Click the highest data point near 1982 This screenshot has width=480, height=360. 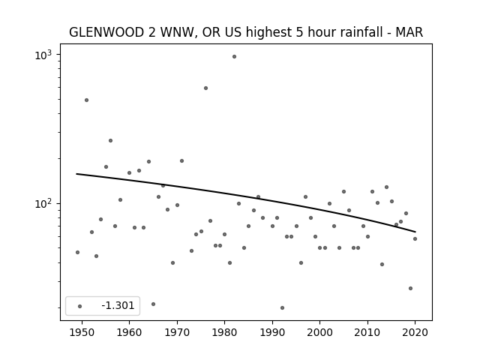[x=234, y=57]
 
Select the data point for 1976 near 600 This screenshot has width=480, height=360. [x=205, y=88]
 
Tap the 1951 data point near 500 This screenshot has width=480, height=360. [x=87, y=100]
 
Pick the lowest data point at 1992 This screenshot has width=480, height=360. [x=282, y=307]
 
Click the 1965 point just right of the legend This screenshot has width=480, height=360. [x=153, y=304]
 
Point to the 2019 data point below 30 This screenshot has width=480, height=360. [x=410, y=288]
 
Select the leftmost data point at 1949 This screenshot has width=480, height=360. [x=77, y=252]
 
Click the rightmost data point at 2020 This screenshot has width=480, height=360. [x=415, y=238]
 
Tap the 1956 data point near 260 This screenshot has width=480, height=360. [x=110, y=140]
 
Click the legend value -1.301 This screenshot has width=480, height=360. [x=118, y=305]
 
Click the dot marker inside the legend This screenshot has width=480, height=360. [x=80, y=306]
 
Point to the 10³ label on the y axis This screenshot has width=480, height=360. [x=43, y=55]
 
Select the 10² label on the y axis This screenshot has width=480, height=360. [x=43, y=203]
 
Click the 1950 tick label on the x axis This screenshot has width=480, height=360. [x=82, y=332]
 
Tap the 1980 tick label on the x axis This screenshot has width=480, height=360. [x=225, y=332]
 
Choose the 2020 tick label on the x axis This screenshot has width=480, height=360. [x=415, y=332]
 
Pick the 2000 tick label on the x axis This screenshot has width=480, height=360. [x=320, y=332]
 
